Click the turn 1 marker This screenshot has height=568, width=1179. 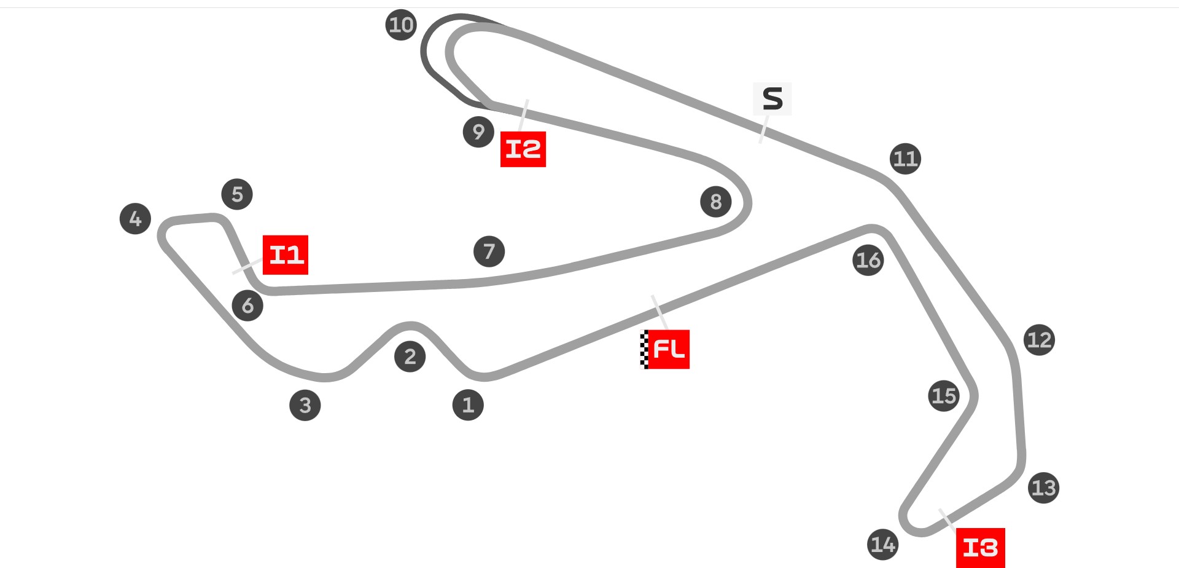(x=468, y=405)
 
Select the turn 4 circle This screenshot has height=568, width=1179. (x=135, y=219)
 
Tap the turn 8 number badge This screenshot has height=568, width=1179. (x=716, y=202)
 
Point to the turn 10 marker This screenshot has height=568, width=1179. (x=402, y=25)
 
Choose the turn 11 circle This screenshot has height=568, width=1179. (x=905, y=159)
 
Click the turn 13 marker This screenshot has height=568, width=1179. (x=1044, y=488)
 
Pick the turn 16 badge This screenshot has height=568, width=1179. (x=868, y=260)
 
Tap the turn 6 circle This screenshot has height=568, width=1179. (x=247, y=306)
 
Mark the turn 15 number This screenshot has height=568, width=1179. (x=944, y=396)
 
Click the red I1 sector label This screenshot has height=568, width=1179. (x=286, y=254)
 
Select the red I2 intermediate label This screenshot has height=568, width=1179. (x=523, y=149)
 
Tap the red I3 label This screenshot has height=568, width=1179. (x=981, y=547)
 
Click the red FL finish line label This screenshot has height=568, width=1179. (x=669, y=349)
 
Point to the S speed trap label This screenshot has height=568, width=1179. (x=772, y=99)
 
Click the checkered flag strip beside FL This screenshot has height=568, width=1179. (x=644, y=349)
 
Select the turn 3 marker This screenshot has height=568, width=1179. (x=305, y=405)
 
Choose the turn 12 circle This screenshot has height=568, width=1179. (x=1039, y=340)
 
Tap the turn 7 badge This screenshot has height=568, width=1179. (x=489, y=251)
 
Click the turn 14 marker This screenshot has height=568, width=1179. (x=883, y=545)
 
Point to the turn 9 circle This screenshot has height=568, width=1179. (x=479, y=132)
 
